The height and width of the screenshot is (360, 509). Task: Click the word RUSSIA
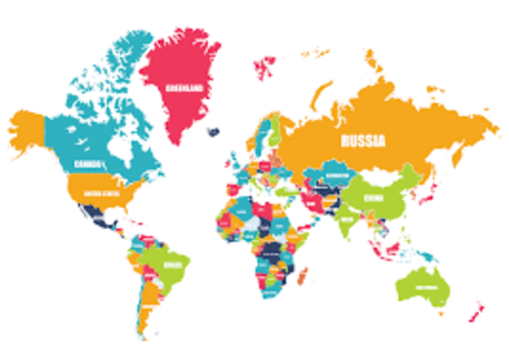(363, 142)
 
